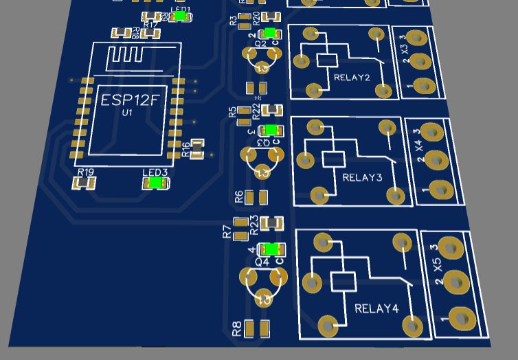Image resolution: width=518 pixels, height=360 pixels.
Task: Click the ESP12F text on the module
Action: pyautogui.click(x=130, y=100)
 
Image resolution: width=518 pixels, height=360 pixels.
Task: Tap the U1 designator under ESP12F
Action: pyautogui.click(x=127, y=113)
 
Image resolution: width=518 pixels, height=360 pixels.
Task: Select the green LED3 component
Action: pyautogui.click(x=155, y=183)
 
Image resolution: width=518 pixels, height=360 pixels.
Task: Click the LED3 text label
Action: pyautogui.click(x=155, y=172)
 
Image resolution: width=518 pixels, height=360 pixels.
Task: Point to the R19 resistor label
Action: pyautogui.click(x=86, y=172)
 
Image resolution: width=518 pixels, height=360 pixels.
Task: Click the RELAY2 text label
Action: pyautogui.click(x=351, y=78)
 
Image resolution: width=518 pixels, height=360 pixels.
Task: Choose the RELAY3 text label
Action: pyautogui.click(x=362, y=178)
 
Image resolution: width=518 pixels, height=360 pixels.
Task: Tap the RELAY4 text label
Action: pyautogui.click(x=376, y=308)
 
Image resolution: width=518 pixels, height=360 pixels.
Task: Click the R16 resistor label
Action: pyautogui.click(x=186, y=149)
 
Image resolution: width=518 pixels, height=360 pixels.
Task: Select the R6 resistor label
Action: pyautogui.click(x=239, y=198)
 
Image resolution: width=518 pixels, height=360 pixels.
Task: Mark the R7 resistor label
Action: pyautogui.click(x=227, y=232)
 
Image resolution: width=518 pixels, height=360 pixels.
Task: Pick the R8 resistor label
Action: pyautogui.click(x=237, y=329)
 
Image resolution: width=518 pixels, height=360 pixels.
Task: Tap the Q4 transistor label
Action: pyautogui.click(x=262, y=262)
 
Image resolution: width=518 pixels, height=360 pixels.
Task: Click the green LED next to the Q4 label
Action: pyautogui.click(x=272, y=249)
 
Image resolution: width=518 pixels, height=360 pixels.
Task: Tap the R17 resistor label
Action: pyautogui.click(x=150, y=25)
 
